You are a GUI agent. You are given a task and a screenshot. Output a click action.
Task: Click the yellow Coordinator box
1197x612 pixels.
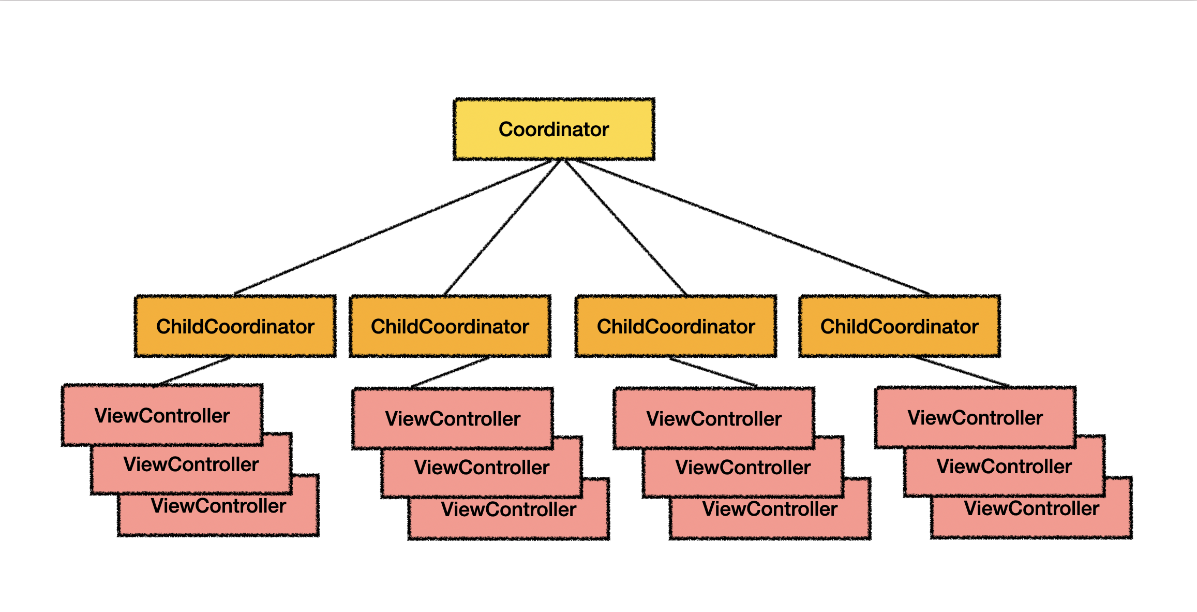(x=553, y=129)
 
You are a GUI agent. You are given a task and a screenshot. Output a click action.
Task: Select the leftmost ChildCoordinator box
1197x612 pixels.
(x=235, y=326)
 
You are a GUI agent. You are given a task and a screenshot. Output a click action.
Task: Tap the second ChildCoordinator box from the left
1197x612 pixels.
(x=450, y=326)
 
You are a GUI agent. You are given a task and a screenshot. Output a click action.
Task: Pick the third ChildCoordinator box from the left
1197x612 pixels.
(x=676, y=326)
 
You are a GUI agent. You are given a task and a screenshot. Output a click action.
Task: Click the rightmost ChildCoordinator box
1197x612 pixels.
(x=899, y=326)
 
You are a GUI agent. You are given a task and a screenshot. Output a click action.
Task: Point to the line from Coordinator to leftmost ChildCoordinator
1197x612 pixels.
(x=393, y=227)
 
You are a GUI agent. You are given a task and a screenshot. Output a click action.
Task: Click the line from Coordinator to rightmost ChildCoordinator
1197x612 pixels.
(x=750, y=227)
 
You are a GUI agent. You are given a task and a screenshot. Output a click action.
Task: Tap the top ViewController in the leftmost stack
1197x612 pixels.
(x=162, y=415)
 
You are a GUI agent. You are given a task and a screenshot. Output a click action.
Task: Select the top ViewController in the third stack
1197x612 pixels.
(x=714, y=418)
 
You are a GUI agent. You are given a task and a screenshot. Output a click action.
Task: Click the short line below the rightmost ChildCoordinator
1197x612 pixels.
(x=961, y=371)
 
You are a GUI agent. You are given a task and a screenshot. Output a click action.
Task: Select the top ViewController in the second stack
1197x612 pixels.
(x=453, y=418)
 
